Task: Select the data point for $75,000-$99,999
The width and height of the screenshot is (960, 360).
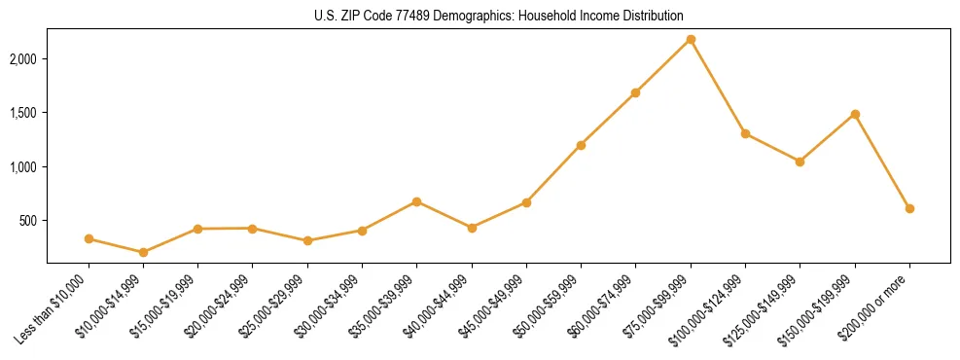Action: [691, 39]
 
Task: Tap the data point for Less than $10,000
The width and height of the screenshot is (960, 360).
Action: [89, 238]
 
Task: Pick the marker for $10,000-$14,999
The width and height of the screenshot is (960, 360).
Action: [143, 252]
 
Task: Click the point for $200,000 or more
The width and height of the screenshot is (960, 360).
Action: [909, 208]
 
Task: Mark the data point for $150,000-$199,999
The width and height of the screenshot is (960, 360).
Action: [855, 114]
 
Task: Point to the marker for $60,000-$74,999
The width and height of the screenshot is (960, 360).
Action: [635, 92]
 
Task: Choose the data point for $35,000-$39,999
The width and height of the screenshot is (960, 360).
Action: [416, 201]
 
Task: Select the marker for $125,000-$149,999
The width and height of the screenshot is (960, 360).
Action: [800, 162]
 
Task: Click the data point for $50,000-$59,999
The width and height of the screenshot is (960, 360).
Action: [581, 145]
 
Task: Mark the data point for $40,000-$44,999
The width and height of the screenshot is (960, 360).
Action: [472, 228]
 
